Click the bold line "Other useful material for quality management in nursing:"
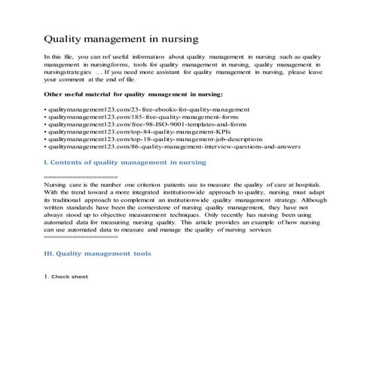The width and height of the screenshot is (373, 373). (133, 94)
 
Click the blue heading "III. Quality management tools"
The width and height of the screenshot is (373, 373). (97, 253)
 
